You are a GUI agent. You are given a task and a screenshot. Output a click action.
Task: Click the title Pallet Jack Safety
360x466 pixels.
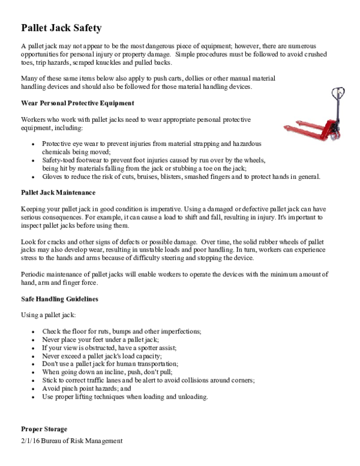click(61, 28)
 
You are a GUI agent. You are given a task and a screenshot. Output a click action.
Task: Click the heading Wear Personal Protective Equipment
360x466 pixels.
click(77, 103)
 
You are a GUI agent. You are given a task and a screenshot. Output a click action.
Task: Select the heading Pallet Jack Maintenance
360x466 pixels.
click(58, 192)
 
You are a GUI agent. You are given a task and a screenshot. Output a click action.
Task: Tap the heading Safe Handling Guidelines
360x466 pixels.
click(59, 298)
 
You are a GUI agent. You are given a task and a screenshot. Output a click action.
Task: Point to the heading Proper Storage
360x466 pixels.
click(44, 429)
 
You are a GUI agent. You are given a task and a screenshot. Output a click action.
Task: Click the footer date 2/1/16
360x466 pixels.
click(30, 441)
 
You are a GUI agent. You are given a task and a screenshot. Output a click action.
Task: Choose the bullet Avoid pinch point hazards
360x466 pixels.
click(86, 389)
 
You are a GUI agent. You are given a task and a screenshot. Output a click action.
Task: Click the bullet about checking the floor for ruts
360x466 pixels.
click(121, 331)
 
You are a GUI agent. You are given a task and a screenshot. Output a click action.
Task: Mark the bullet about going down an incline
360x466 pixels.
click(109, 372)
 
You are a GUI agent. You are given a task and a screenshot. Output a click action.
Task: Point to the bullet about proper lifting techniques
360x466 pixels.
click(125, 397)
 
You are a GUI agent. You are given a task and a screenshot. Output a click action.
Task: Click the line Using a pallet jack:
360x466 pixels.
click(48, 315)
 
